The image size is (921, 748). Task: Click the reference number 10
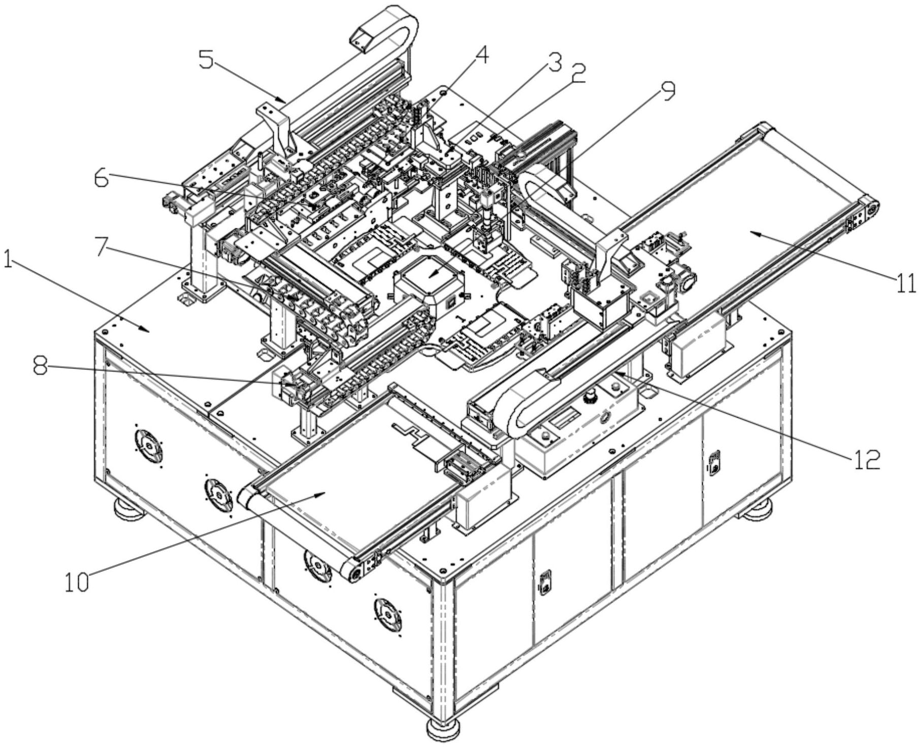77,582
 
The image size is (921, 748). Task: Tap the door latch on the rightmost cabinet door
714,462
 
